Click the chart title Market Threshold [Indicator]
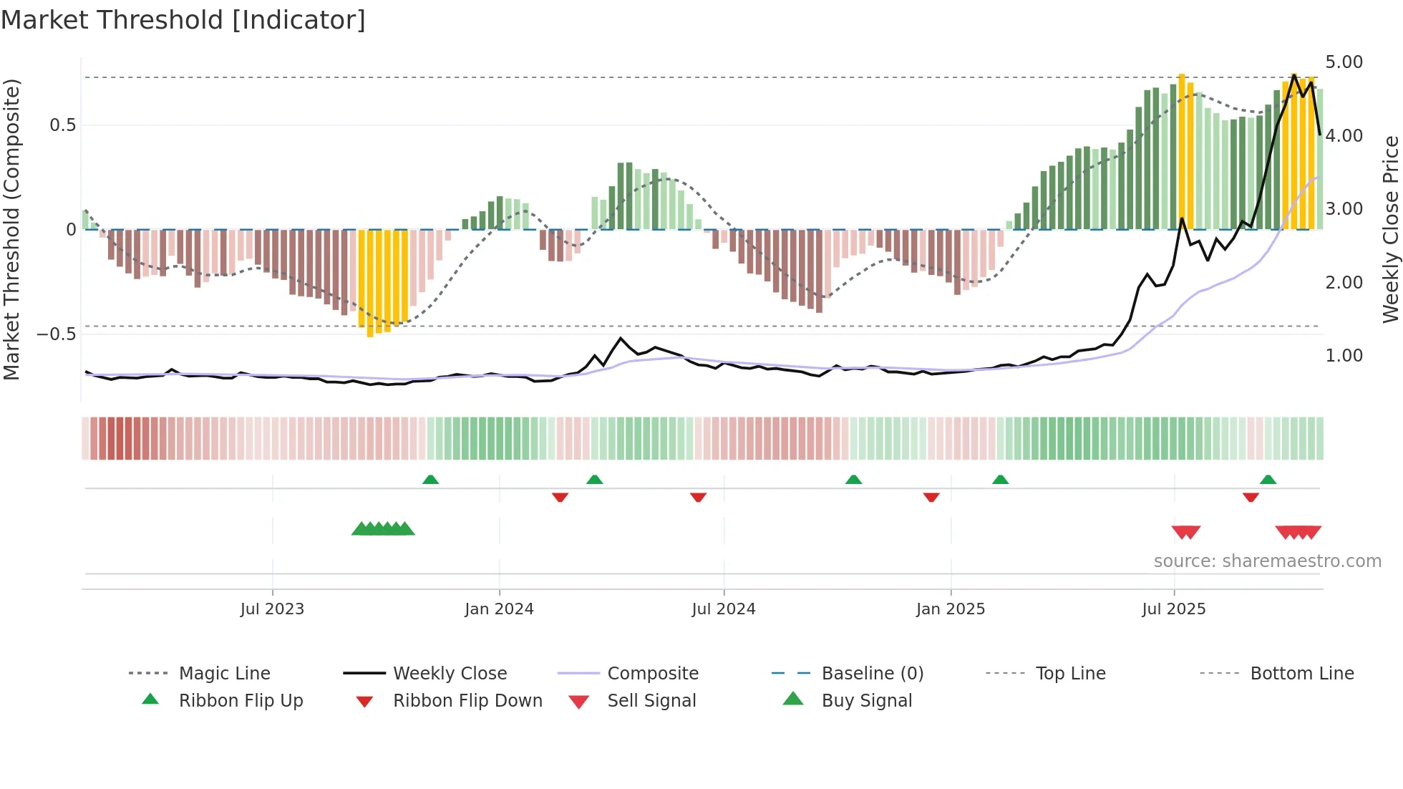coord(183,20)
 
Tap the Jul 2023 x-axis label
coord(272,609)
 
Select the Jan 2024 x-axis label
coord(499,609)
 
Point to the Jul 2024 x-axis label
coord(723,609)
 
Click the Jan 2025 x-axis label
coord(951,609)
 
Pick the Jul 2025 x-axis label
coord(1173,609)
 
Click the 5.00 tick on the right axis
coord(1344,62)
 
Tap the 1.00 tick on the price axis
coord(1344,356)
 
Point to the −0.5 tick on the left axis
coord(56,334)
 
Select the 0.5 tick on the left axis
coord(62,125)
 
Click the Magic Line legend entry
coord(224,674)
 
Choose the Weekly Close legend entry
coord(450,674)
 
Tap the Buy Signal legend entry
coord(866,701)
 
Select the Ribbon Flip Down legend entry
coord(467,701)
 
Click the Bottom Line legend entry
coord(1301,674)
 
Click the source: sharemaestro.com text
coord(1267,561)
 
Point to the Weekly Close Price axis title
coord(1390,229)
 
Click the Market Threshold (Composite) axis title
coord(11,229)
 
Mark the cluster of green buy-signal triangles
coord(383,529)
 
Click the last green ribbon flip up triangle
coord(1268,480)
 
